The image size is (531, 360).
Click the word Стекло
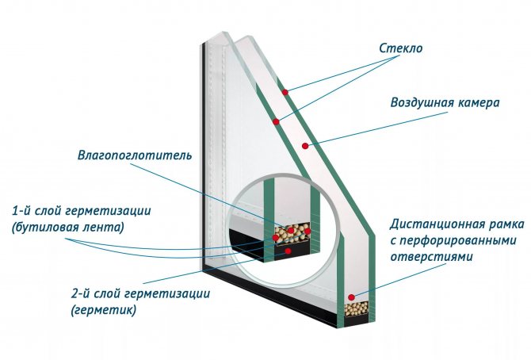pos(401,48)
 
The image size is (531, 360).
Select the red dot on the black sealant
pos(288,251)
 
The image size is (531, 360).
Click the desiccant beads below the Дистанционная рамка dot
pos(358,308)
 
